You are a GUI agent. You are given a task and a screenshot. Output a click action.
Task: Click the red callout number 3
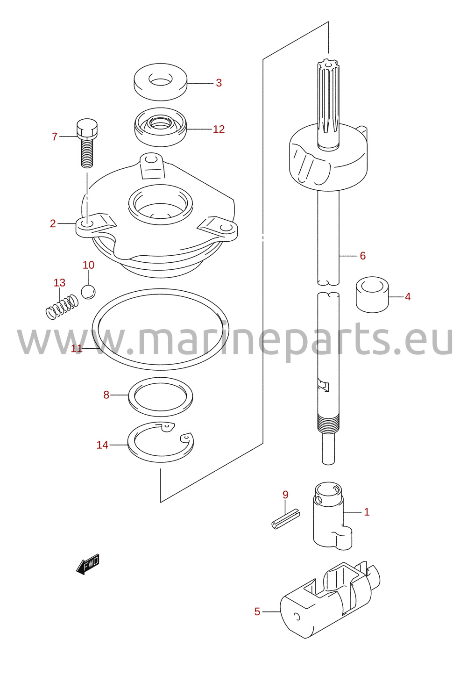(219, 83)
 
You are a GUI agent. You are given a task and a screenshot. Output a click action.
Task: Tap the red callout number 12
(219, 129)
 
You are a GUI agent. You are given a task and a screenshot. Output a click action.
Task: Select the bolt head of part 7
(87, 128)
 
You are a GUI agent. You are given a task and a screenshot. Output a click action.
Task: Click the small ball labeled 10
(88, 292)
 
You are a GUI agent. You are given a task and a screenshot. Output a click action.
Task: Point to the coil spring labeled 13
(62, 307)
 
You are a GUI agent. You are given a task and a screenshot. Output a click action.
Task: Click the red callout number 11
(77, 349)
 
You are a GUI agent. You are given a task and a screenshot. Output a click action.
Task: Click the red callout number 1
(367, 512)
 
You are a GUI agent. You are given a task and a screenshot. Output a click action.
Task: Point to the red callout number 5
(257, 611)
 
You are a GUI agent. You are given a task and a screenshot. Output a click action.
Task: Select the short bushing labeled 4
(372, 295)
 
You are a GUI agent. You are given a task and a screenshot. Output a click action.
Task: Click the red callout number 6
(362, 256)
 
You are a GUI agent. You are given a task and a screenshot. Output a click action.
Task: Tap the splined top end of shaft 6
(328, 104)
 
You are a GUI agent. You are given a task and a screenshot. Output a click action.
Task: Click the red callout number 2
(53, 223)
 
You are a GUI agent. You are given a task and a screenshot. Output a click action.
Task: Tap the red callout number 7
(55, 137)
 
